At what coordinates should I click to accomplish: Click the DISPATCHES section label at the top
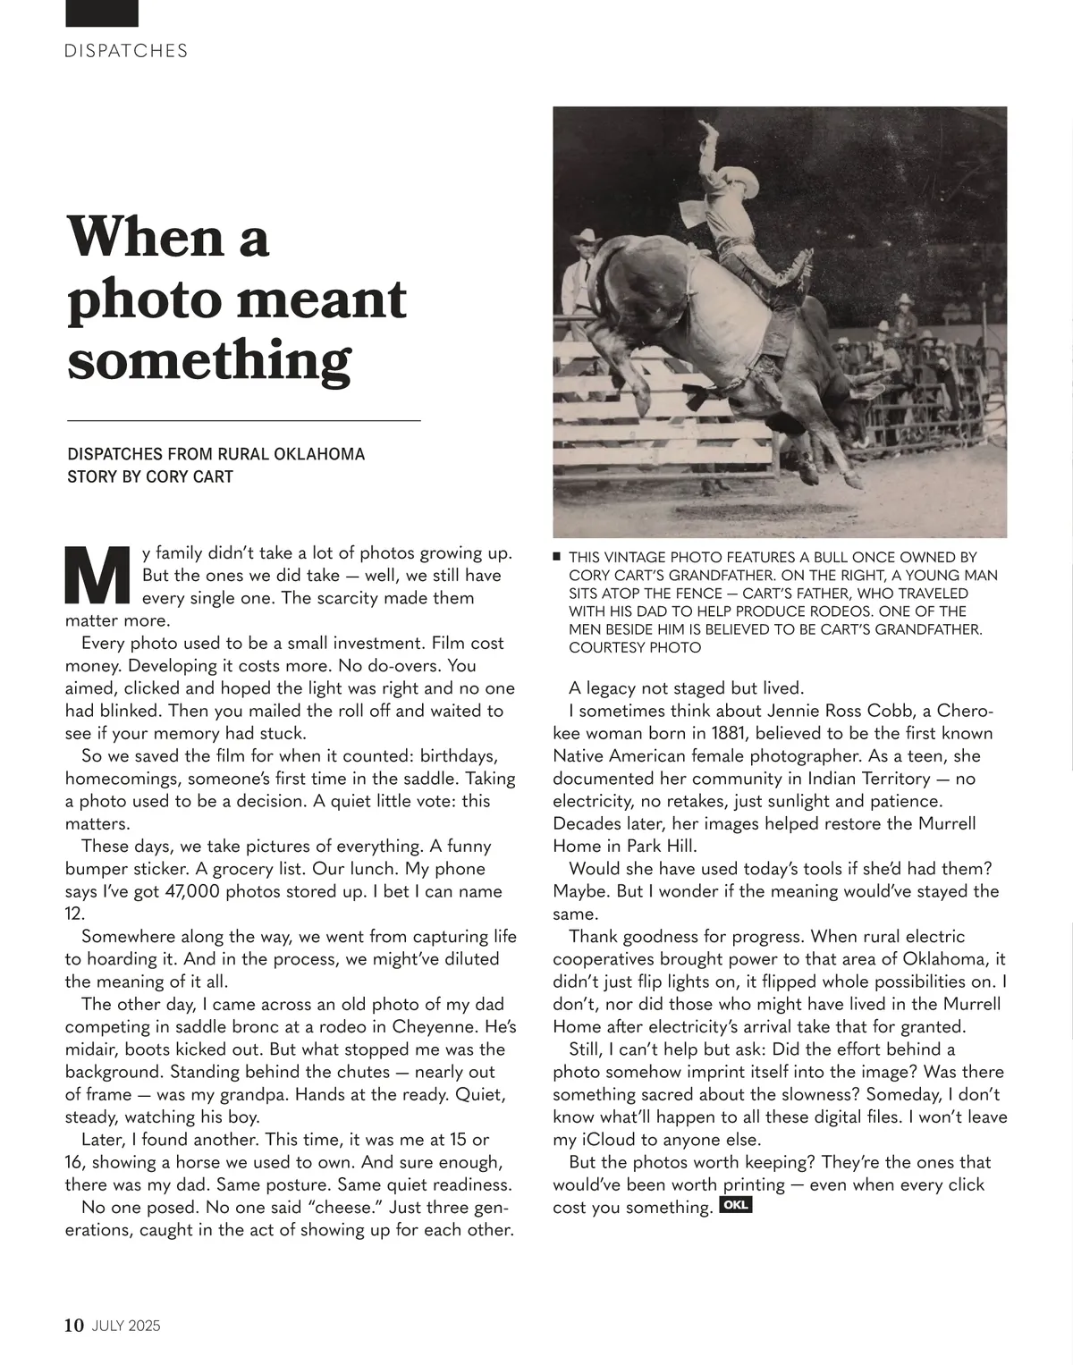pyautogui.click(x=126, y=51)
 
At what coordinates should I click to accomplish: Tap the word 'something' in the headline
pyautogui.click(x=208, y=361)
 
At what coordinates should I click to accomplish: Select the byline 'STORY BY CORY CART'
pyautogui.click(x=150, y=476)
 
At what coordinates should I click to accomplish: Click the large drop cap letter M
pyautogui.click(x=98, y=576)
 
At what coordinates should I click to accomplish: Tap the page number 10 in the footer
pyautogui.click(x=74, y=1326)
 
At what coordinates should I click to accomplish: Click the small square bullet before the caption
pyautogui.click(x=557, y=556)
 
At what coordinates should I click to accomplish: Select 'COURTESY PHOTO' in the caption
pyautogui.click(x=635, y=647)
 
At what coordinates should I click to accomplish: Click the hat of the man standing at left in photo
pyautogui.click(x=586, y=237)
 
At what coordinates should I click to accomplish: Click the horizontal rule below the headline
pyautogui.click(x=244, y=419)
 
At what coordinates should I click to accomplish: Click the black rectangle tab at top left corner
pyautogui.click(x=102, y=13)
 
